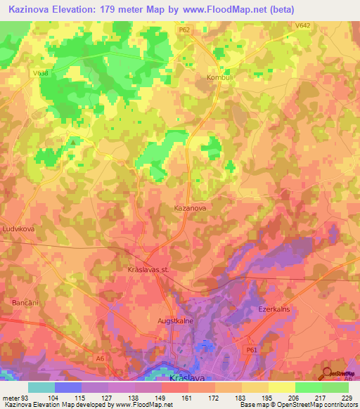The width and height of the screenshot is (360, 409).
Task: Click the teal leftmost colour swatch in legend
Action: tap(41, 387)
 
